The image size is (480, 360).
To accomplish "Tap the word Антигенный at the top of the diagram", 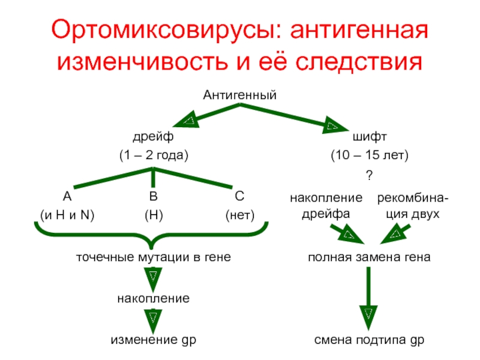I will [x=239, y=94].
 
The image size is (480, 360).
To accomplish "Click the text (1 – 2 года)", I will [x=153, y=155].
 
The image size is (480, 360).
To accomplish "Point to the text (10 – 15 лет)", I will [x=370, y=155].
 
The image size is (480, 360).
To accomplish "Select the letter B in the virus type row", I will [x=153, y=196].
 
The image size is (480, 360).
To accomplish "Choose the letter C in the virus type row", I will [x=239, y=196].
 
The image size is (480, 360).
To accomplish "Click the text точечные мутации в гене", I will [x=153, y=257].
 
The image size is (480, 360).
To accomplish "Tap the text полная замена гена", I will [x=369, y=257].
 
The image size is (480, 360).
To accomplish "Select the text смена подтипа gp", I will [x=370, y=340].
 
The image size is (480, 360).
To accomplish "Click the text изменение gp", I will [x=153, y=340].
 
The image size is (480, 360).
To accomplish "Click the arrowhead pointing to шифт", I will [x=332, y=126].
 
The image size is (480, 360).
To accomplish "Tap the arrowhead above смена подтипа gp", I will [x=368, y=314].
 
